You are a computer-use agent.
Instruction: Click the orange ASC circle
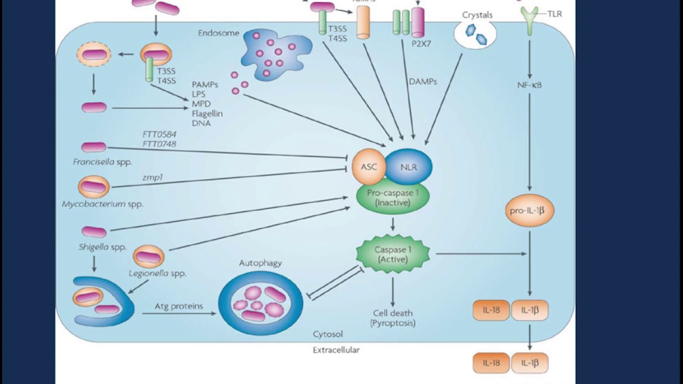(369, 167)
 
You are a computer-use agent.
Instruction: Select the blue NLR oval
(408, 167)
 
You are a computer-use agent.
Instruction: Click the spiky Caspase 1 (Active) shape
(393, 254)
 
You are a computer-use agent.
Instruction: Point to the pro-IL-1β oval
(529, 211)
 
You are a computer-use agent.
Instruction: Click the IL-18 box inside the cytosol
(491, 310)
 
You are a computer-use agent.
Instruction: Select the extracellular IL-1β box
(529, 363)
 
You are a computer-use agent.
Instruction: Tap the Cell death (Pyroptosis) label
(393, 318)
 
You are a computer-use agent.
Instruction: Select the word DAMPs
(422, 82)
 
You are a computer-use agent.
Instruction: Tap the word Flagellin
(207, 114)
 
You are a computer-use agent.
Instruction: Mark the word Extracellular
(336, 350)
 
